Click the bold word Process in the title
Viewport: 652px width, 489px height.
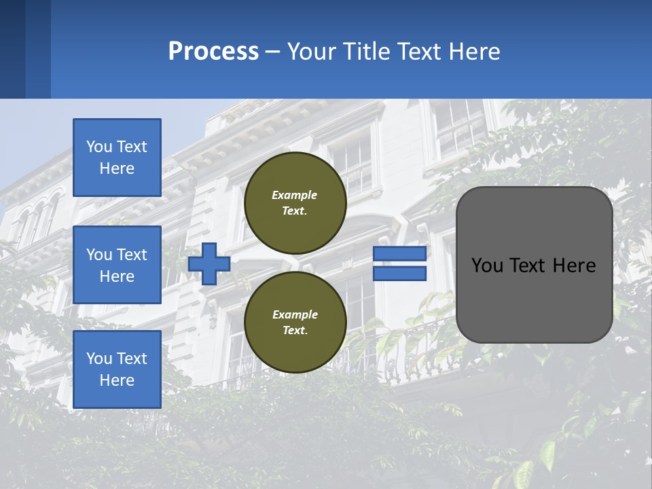[x=213, y=52]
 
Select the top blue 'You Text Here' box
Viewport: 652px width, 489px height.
[x=117, y=158]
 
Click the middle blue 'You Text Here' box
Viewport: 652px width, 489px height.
[x=117, y=265]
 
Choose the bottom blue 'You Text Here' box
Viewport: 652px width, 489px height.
[x=117, y=369]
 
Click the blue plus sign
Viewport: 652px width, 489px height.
[x=209, y=264]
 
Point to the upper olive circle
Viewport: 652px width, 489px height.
[x=295, y=202]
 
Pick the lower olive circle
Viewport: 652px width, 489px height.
[x=295, y=322]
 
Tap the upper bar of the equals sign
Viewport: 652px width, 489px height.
[x=399, y=254]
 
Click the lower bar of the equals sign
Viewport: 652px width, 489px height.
[x=399, y=274]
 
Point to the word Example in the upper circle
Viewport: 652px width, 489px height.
[x=295, y=195]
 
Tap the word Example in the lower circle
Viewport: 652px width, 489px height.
[x=295, y=314]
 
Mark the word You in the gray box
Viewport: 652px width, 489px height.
[x=486, y=266]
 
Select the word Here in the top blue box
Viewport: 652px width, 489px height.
[x=117, y=168]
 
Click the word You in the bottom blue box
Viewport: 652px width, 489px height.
[x=99, y=359]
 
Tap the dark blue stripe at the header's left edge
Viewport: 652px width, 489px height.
[x=12, y=49]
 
